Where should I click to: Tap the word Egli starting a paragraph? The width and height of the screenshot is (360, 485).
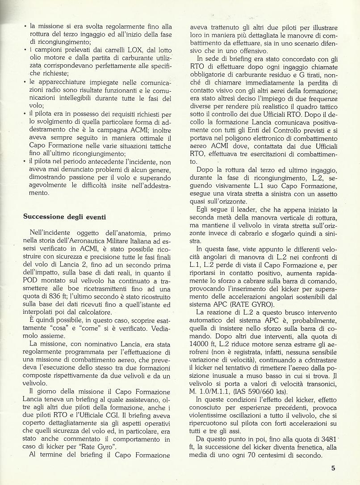tap(203, 210)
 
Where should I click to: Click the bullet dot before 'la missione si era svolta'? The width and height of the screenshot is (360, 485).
tap(25, 26)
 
